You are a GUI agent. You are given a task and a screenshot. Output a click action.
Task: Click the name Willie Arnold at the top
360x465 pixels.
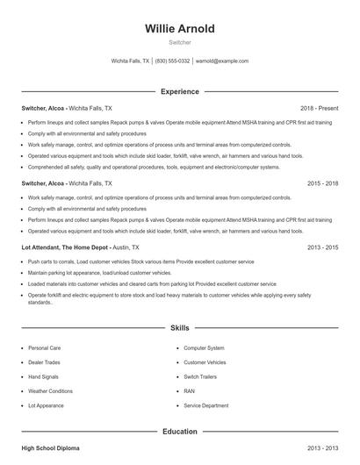point(179,28)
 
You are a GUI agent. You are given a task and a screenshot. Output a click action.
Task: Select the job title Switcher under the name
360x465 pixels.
point(179,41)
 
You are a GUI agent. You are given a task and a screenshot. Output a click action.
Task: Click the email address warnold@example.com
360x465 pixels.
point(221,61)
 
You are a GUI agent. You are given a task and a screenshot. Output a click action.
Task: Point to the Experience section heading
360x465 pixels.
point(179,91)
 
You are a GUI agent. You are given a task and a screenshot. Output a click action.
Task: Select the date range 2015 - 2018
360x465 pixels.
point(322,184)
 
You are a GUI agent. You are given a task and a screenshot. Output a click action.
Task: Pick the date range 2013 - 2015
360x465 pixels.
point(322,248)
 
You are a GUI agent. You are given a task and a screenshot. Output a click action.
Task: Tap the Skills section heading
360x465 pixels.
point(179,327)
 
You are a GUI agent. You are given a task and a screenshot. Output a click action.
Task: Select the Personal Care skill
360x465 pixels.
point(44,347)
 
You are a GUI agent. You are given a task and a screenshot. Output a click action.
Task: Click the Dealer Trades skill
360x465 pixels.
point(45,362)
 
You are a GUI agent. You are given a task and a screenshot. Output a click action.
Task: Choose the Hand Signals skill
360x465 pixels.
point(44,376)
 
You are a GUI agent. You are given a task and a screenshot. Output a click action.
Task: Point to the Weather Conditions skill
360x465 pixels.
point(50,391)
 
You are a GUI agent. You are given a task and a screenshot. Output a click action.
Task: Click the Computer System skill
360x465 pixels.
point(204,347)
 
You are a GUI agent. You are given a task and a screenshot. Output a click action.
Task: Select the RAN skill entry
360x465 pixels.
point(189,391)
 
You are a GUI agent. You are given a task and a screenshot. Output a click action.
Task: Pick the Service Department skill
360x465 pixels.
point(205,405)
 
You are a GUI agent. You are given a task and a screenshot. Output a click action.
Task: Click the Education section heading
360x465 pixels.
point(179,432)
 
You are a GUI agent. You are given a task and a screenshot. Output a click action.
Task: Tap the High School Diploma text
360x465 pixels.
point(50,448)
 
